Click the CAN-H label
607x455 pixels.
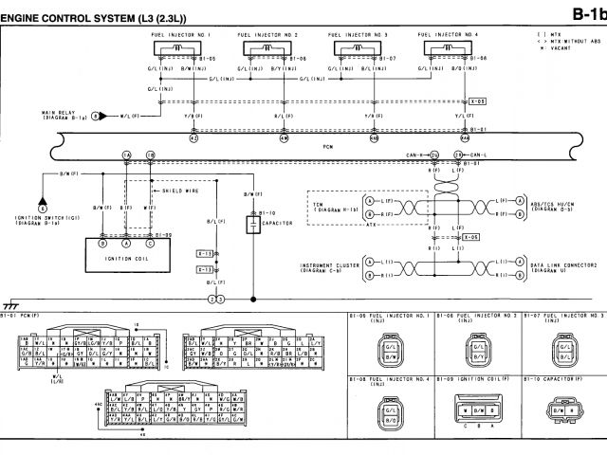tap(418, 154)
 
